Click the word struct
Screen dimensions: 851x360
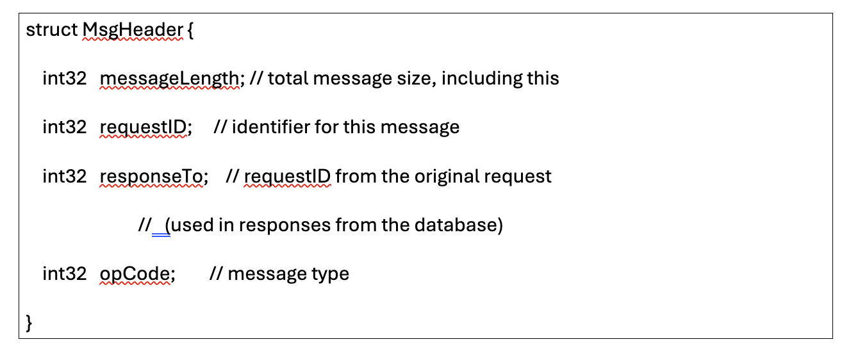pos(52,30)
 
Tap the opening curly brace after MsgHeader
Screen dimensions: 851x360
pos(191,30)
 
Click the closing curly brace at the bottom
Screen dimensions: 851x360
pos(29,323)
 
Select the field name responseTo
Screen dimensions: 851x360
pos(151,176)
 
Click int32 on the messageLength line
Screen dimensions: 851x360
pos(64,79)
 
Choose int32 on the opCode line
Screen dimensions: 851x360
pos(64,274)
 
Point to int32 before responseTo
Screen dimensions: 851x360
pos(64,176)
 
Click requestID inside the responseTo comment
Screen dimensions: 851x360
pos(287,176)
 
